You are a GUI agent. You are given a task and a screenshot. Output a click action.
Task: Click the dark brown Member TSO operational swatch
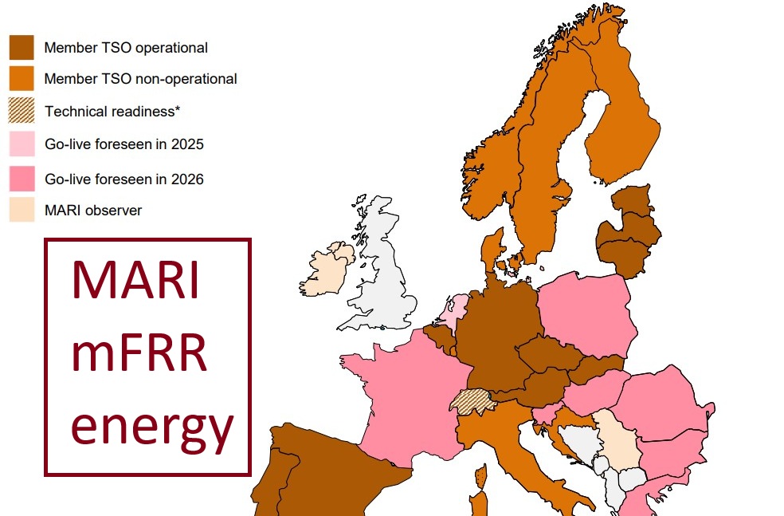(22, 47)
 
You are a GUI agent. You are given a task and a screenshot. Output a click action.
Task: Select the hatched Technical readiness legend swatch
(22, 111)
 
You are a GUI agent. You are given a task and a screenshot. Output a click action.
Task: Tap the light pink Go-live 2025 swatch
(22, 144)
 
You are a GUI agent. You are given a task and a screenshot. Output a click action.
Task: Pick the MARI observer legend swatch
(22, 211)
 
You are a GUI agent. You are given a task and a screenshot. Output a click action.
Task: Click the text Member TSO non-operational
(140, 79)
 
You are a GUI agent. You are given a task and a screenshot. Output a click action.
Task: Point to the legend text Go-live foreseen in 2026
(123, 179)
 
